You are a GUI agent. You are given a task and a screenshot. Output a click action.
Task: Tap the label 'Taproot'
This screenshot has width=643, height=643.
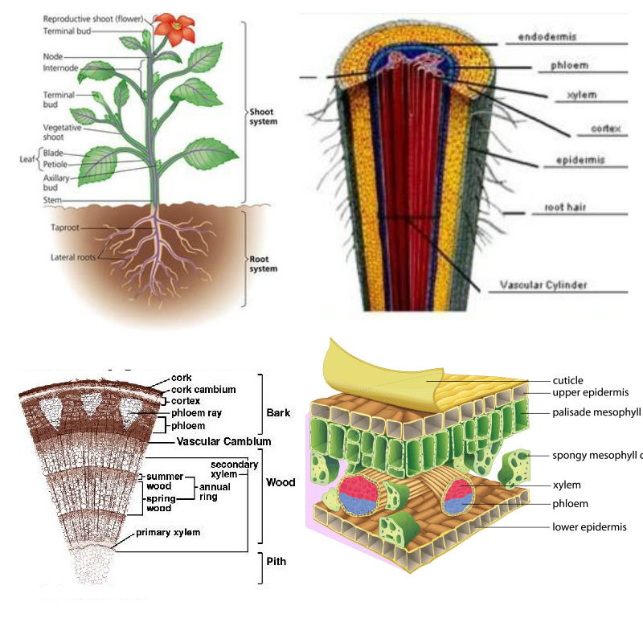[66, 227]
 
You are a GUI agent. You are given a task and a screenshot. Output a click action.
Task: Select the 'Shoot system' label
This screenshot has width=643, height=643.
[263, 117]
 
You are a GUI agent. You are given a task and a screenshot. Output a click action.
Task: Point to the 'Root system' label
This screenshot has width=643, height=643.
[263, 264]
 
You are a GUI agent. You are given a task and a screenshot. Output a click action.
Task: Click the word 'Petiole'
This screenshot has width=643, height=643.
[55, 164]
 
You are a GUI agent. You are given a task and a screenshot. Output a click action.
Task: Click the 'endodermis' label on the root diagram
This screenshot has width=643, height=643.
[547, 37]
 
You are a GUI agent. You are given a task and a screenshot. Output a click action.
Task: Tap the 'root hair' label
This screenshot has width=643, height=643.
[565, 207]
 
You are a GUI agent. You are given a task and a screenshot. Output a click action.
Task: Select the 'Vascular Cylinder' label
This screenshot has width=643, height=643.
[543, 285]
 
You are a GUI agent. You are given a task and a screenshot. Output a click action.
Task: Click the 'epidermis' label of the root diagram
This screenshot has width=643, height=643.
[580, 161]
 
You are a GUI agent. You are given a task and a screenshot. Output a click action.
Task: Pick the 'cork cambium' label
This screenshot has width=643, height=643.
[203, 389]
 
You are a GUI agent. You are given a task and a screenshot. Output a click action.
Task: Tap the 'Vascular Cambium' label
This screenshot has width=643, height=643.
[223, 441]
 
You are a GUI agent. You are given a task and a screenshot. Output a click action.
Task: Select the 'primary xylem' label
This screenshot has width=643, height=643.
[168, 532]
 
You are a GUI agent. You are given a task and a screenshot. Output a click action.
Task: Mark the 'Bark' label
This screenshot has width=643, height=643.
[278, 413]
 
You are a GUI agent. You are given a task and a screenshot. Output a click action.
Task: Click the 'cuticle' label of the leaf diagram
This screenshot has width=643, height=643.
[567, 380]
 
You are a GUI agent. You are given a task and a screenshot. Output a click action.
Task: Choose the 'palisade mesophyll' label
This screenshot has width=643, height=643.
[596, 412]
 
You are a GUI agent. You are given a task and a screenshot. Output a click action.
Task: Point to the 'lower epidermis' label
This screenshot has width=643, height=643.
[589, 527]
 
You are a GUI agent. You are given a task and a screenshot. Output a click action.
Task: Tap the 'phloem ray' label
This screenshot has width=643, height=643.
[197, 413]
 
